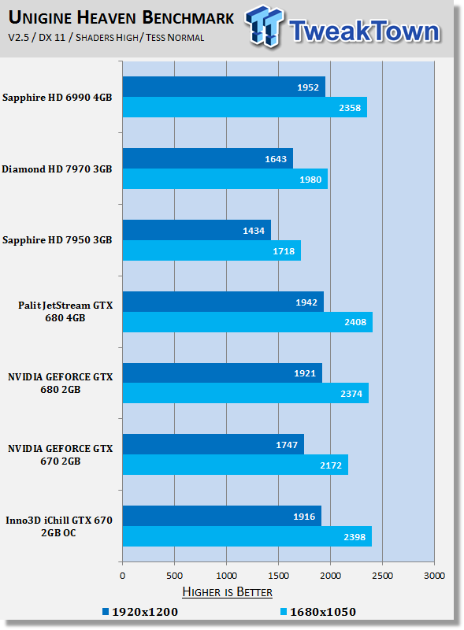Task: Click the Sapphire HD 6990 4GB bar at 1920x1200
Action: (x=224, y=87)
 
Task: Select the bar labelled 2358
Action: (x=245, y=107)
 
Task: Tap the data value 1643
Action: (x=276, y=159)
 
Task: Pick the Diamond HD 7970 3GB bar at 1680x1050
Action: (x=225, y=179)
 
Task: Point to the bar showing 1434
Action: (x=197, y=230)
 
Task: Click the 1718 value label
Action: (x=284, y=251)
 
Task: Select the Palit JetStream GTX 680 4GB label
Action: (x=65, y=311)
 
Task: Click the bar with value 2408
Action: (x=247, y=322)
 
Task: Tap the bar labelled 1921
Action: (x=222, y=372)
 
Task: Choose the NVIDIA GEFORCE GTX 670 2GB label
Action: (x=61, y=454)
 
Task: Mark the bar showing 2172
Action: (x=236, y=465)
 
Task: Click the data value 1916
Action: (x=304, y=517)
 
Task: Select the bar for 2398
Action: (x=247, y=536)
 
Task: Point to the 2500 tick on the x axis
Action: (x=382, y=576)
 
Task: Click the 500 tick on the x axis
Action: (x=175, y=576)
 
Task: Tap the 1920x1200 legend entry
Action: (x=140, y=612)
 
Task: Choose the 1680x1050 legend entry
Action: (x=318, y=612)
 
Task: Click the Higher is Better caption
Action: (x=227, y=592)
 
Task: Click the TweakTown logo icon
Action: (x=264, y=26)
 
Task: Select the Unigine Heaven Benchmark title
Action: (x=121, y=17)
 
